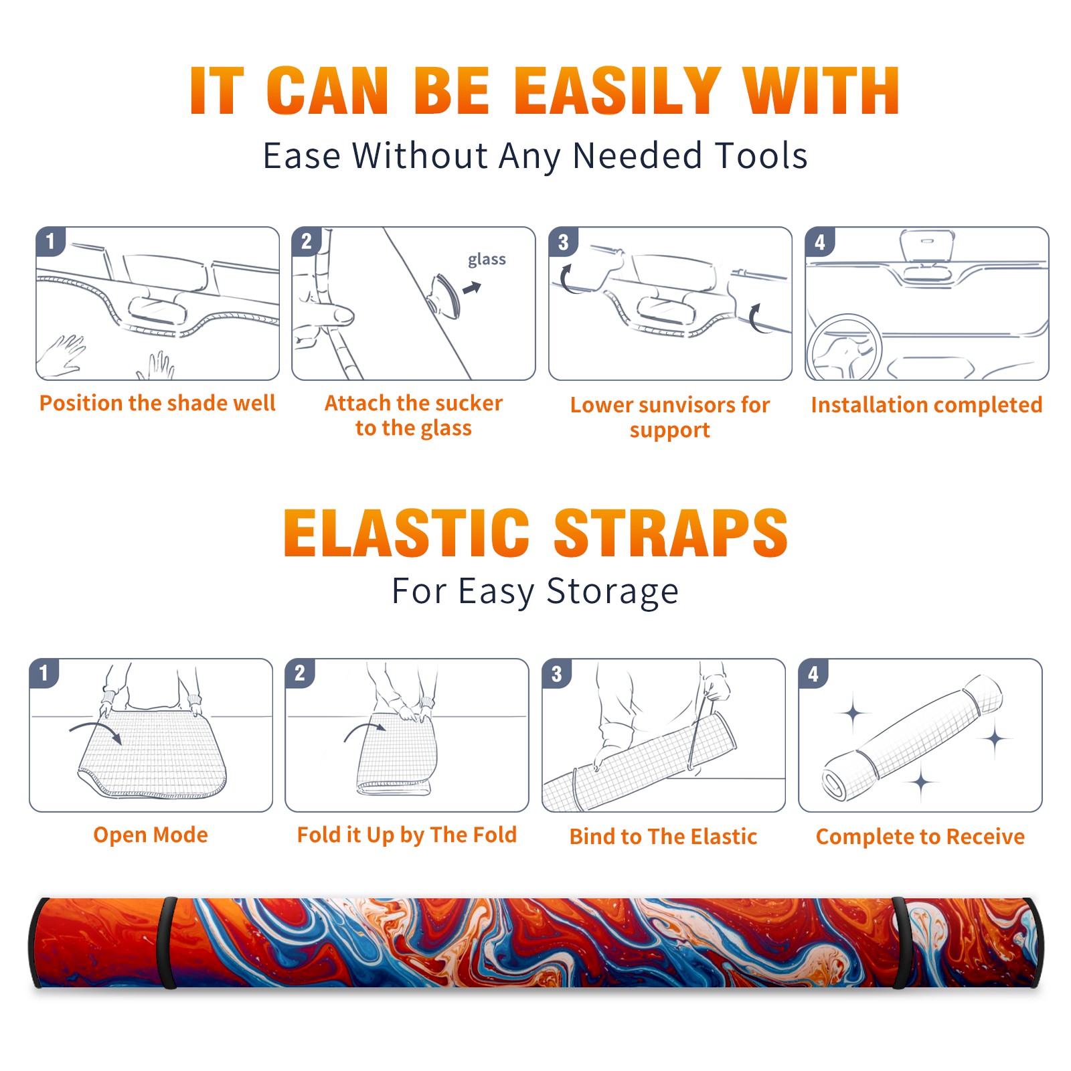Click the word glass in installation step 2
coord(487,260)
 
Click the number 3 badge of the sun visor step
coord(563,242)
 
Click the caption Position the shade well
coord(157,403)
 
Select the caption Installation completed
coord(926,405)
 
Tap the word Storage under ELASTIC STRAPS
coord(612,592)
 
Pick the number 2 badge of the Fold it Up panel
coord(300,673)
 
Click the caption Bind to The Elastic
coord(663,837)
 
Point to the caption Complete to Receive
coord(920,837)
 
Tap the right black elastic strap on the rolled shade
coord(901,942)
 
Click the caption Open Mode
coord(151,835)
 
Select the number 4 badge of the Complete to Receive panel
coord(813,673)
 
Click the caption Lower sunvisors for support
coord(670,417)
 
